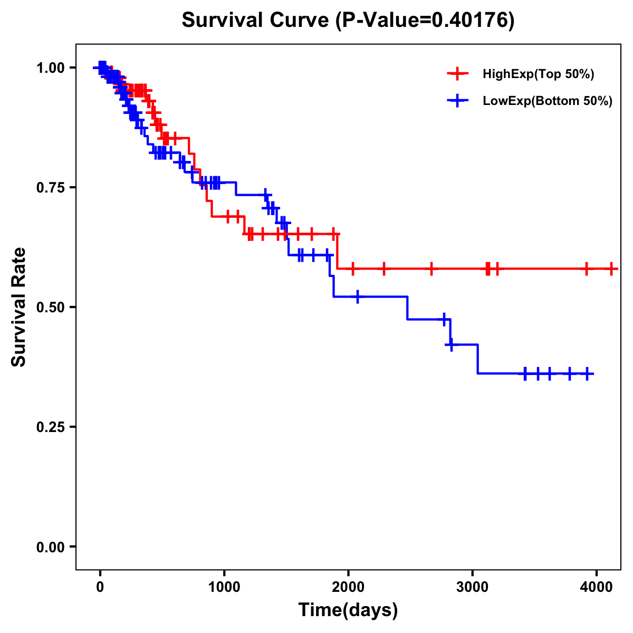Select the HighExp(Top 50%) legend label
pyautogui.click(x=539, y=74)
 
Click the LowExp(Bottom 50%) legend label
pyautogui.click(x=548, y=101)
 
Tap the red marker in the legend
pyautogui.click(x=457, y=74)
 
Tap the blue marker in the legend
pyautogui.click(x=457, y=101)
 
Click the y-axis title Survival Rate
pyautogui.click(x=19, y=306)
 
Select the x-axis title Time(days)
pyautogui.click(x=348, y=610)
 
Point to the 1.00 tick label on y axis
pyautogui.click(x=50, y=68)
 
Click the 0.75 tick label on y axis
pyautogui.click(x=50, y=187)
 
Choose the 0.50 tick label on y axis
pyautogui.click(x=50, y=307)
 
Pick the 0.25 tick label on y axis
pyautogui.click(x=50, y=427)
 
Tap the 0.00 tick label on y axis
pyautogui.click(x=50, y=546)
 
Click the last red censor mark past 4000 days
pyautogui.click(x=611, y=269)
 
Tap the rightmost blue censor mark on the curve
pyautogui.click(x=588, y=374)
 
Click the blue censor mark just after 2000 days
pyautogui.click(x=358, y=297)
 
